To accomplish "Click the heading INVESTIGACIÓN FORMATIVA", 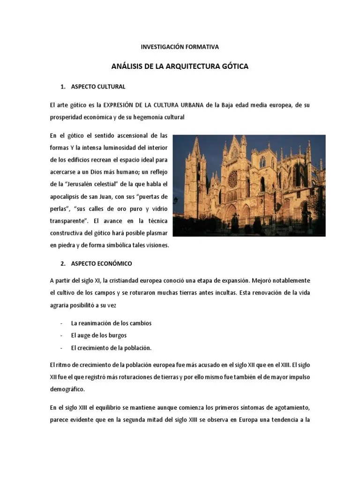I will tap(180, 47).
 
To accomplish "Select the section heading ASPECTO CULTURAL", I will tap(98, 87).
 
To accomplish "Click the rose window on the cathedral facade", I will tap(232, 179).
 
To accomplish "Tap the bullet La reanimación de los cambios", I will tap(111, 323).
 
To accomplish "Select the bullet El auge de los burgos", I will tap(98, 336).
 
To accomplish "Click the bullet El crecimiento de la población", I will tap(111, 348).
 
